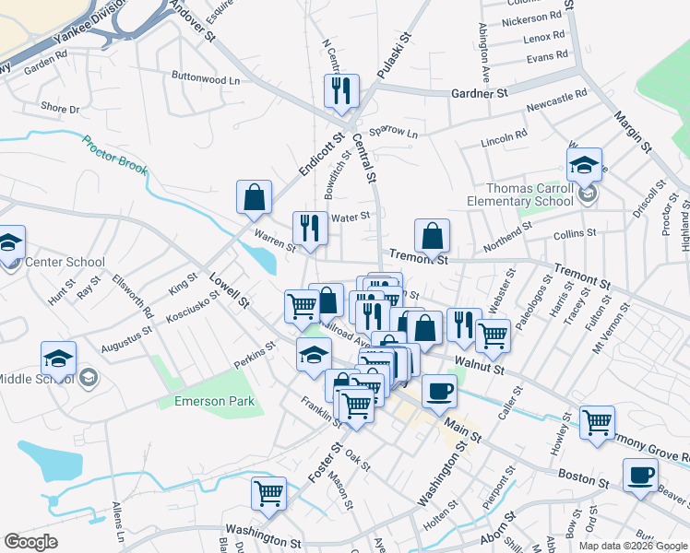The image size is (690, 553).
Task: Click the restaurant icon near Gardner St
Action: pos(340,90)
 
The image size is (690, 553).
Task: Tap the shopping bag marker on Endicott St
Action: pos(254,196)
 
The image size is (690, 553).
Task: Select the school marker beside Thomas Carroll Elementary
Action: pos(584,165)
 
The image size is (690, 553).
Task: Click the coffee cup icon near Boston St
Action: pos(640,476)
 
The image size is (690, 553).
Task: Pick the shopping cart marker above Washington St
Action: pos(268,492)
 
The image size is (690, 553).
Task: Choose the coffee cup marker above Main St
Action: pos(439,390)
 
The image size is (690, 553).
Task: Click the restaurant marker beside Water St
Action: pos(310,228)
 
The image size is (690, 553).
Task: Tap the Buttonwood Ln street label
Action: pos(206,78)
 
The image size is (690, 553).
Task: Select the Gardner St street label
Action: pos(480,94)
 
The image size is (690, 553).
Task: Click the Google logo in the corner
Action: pos(30,542)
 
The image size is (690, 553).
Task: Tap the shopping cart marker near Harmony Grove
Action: pos(598,423)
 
